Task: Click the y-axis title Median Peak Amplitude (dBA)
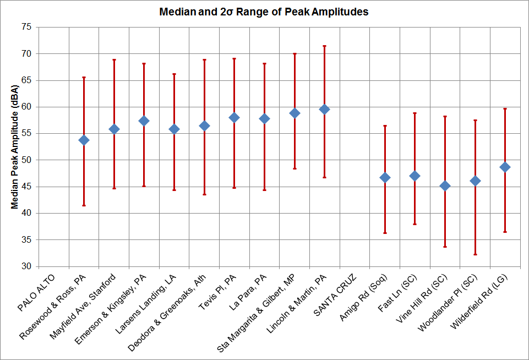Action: point(14,147)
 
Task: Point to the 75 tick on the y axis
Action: point(26,27)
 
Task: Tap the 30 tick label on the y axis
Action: point(26,266)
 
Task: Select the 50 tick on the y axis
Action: point(26,160)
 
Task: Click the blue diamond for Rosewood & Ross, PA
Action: point(84,140)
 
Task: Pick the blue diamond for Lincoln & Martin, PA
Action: point(325,110)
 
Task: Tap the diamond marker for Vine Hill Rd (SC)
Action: point(445,186)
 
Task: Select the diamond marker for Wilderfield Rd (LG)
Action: point(505,167)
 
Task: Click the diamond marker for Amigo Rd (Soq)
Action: point(385,178)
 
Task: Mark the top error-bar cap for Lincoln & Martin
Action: point(325,46)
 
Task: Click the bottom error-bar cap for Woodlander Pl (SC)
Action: point(476,254)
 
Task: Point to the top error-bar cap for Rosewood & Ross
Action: point(84,77)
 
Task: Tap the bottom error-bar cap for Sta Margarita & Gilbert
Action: point(295,168)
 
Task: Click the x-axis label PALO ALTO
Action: point(36,292)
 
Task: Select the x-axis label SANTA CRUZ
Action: point(335,295)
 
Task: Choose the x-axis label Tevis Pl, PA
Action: point(217,292)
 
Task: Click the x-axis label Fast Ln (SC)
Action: point(397,293)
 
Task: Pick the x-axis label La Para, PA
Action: point(248,292)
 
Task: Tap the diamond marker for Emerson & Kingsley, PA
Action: point(144,121)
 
